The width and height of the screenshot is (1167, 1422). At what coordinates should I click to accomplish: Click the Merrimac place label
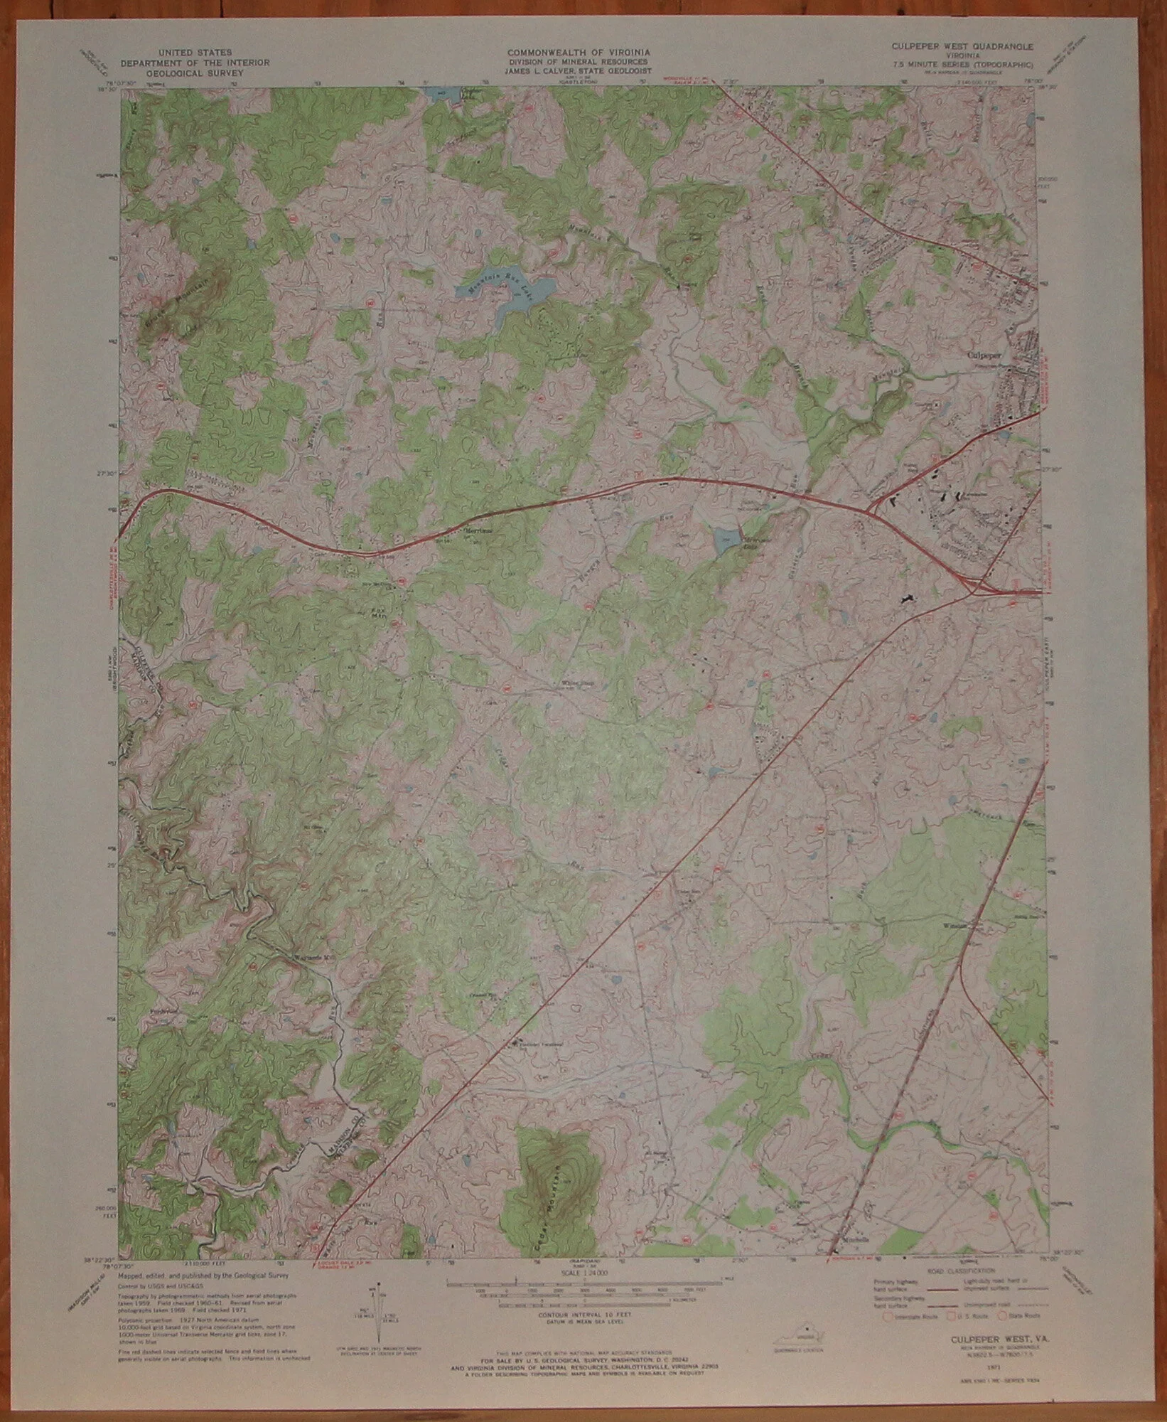tap(477, 530)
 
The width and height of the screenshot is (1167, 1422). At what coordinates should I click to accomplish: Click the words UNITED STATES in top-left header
tap(195, 53)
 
